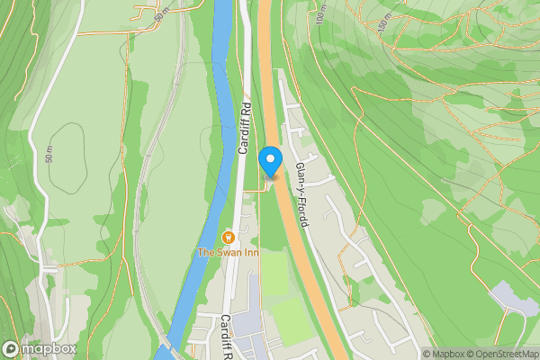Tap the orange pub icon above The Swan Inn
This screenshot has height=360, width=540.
(x=228, y=238)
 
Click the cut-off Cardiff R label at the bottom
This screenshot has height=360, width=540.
(x=228, y=337)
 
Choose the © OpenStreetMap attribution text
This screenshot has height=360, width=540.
(x=499, y=354)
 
